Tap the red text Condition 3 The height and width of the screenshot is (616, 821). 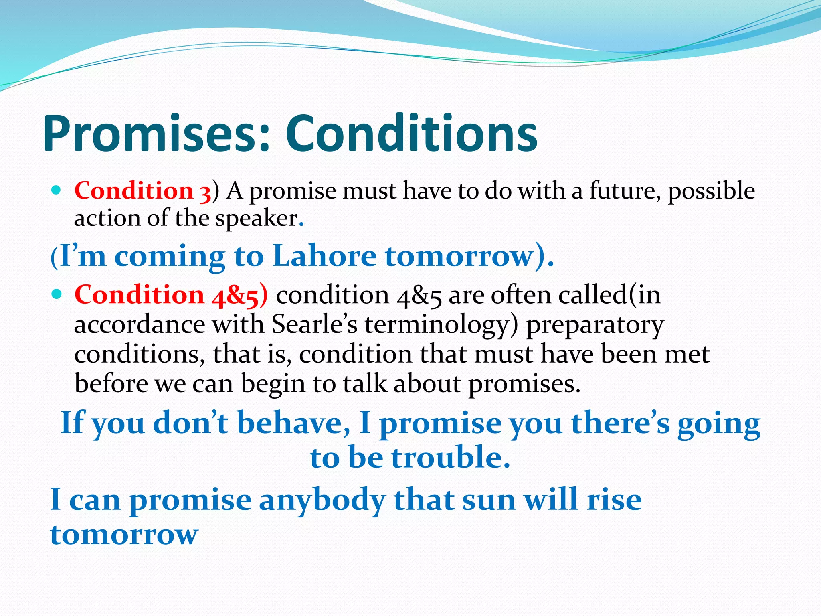click(142, 190)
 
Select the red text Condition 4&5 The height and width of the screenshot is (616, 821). click(170, 295)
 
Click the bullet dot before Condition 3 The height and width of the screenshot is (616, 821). click(57, 190)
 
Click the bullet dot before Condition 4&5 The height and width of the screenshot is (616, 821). click(57, 294)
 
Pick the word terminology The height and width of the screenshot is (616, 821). click(441, 325)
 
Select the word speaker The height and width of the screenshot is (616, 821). click(257, 219)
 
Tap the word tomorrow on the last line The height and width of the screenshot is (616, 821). click(124, 535)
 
